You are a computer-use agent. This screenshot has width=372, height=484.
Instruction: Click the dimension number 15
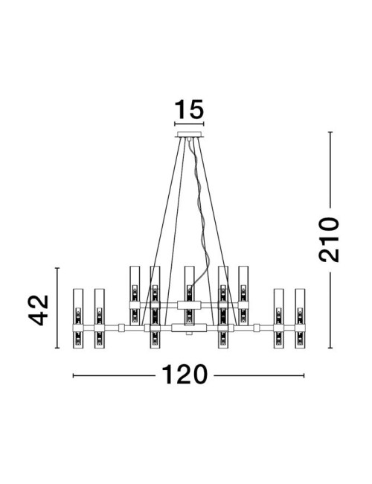(x=188, y=111)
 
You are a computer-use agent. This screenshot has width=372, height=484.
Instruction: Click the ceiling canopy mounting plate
(x=189, y=135)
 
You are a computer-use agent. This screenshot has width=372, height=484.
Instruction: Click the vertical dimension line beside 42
(x=58, y=310)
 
